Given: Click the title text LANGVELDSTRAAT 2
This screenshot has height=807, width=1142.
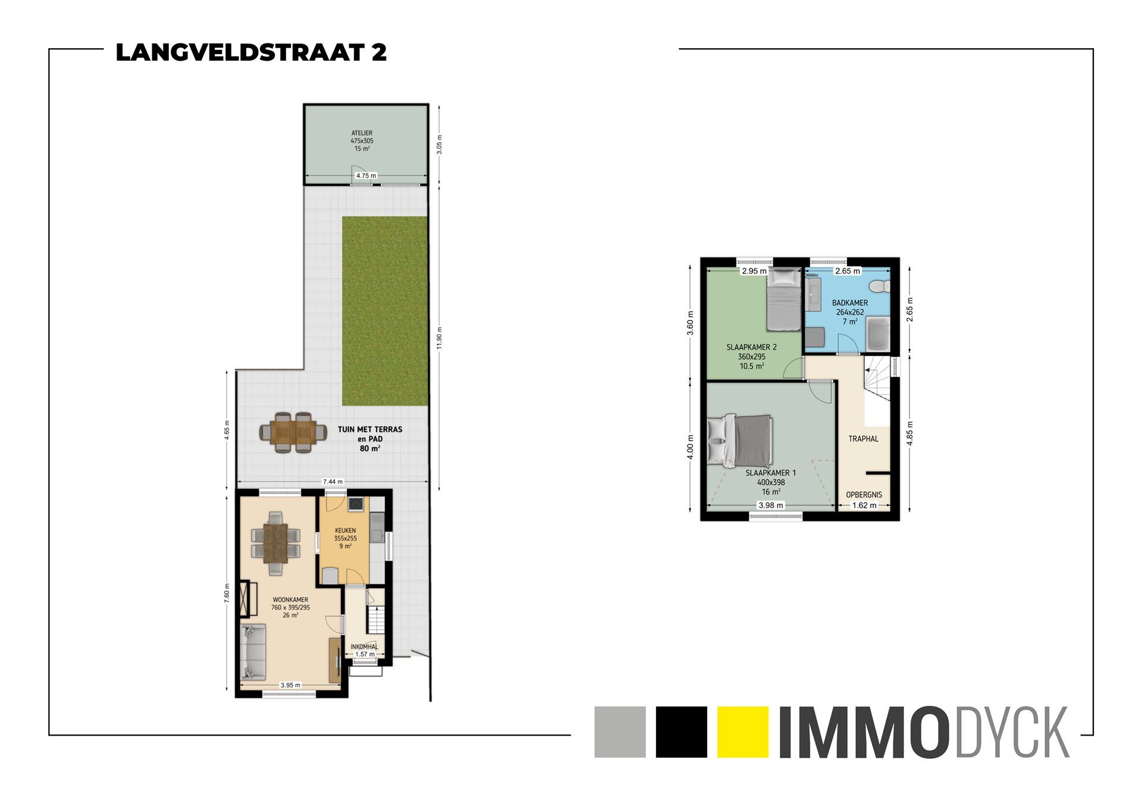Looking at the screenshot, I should coord(251,53).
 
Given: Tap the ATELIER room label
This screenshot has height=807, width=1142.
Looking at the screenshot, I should coord(362,133).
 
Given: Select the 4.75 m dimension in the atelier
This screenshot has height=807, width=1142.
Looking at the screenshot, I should coord(366,175).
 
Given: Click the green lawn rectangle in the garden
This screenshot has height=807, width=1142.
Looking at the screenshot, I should coord(385,310).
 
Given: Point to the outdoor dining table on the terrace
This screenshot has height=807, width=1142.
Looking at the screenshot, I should coord(293,432).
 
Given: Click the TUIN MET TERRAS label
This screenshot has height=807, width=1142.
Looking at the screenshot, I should coord(370,429).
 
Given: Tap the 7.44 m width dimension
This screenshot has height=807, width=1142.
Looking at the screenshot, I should coord(332,482).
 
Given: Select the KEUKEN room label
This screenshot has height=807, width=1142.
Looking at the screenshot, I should coord(345,530).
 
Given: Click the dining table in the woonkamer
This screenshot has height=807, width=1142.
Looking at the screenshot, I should coord(275,543).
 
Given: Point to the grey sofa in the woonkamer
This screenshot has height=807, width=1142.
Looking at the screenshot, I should coord(252,651).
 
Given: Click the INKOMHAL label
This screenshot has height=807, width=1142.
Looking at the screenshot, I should coord(364,646).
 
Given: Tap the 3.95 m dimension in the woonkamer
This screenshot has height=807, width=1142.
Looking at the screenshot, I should coord(290,685).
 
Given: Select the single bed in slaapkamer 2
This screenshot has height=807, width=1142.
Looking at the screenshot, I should coord(783,300).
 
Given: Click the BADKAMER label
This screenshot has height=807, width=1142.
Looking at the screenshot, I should coord(849,303).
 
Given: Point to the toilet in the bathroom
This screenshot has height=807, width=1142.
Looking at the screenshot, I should coord(879,287).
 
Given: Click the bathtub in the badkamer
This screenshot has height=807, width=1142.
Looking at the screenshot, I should coord(877,334).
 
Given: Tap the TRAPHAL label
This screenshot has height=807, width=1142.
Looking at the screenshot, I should coord(863,439).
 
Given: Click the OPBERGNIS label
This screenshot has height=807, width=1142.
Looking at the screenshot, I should coord(864,495).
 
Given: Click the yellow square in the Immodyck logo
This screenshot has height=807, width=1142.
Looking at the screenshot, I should coord(743,731).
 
